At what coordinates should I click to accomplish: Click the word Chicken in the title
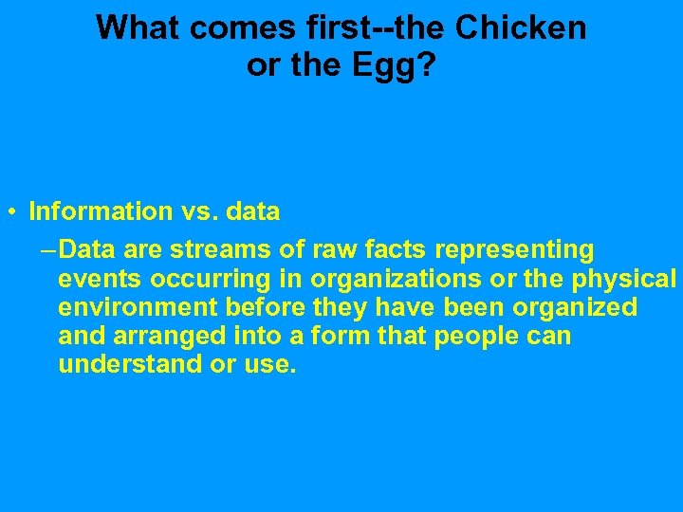(x=521, y=28)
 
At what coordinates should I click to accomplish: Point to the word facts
(x=392, y=250)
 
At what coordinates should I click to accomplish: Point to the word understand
(x=128, y=364)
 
